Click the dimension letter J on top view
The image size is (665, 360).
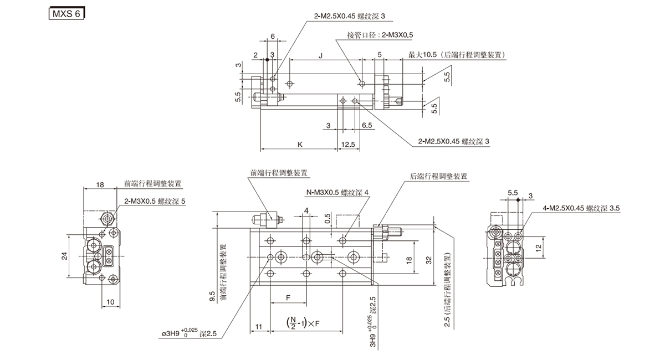point(321,54)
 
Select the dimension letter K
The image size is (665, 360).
point(300,144)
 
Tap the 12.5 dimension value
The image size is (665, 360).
point(349,144)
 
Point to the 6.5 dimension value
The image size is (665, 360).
point(366,126)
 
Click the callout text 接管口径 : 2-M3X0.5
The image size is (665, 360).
point(380,35)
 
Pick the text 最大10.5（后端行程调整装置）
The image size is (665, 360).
point(458,54)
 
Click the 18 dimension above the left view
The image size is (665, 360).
point(100,184)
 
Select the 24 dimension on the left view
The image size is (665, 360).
point(64,255)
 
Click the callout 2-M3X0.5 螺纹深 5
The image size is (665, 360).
point(155,202)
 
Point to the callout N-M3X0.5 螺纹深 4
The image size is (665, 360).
point(337,193)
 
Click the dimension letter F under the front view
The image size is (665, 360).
point(289,298)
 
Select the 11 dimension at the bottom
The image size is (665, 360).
point(259,328)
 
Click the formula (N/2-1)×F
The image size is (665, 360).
point(303,322)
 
